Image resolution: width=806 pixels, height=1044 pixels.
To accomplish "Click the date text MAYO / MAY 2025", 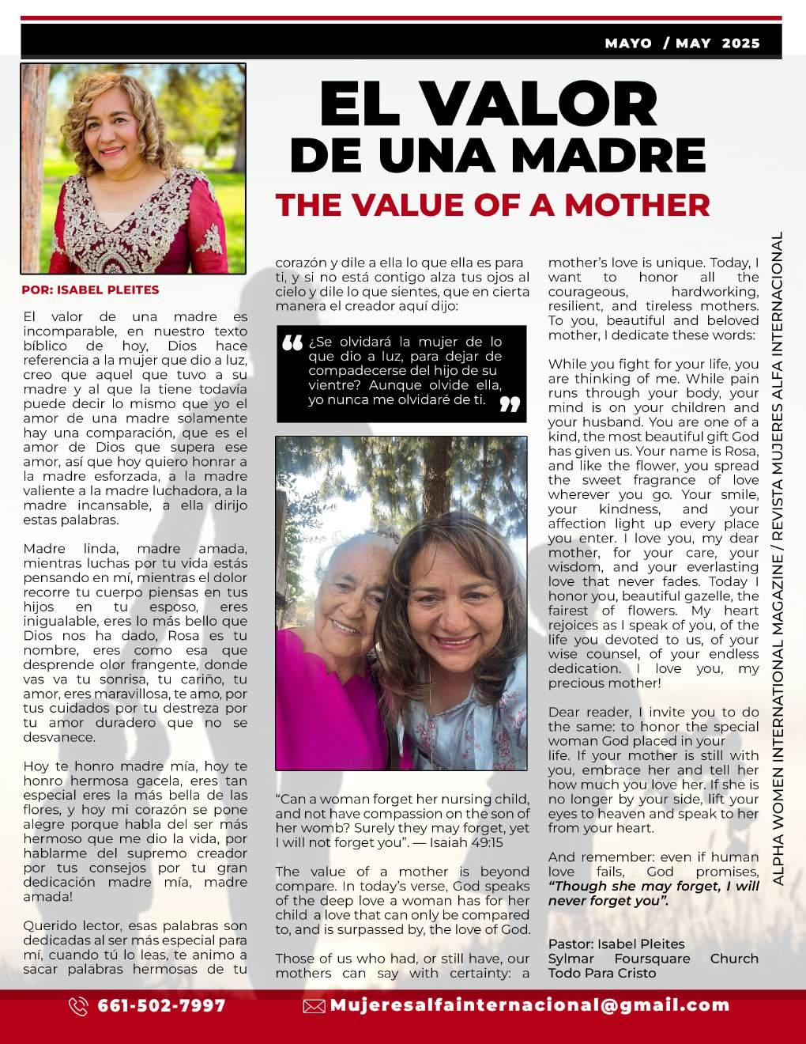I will coord(682,43).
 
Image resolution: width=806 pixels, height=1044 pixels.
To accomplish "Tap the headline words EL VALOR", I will coord(488,103).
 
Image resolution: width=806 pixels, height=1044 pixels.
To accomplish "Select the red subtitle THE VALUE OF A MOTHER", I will coord(492,205).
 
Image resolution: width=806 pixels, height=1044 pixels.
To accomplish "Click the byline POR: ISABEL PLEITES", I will coord(90,290).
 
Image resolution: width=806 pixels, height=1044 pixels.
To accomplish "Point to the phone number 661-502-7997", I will coord(161,1006).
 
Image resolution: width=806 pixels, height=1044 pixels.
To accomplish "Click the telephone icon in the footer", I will coord(78,1006).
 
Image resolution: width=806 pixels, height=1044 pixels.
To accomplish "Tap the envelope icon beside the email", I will coord(314,1006).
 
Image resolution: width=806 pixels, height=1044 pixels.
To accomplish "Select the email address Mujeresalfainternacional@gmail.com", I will coord(529,1005).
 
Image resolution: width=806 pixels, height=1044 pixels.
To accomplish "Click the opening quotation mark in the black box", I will coord(292,343).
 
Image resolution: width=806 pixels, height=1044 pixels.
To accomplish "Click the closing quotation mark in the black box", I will coord(510,404).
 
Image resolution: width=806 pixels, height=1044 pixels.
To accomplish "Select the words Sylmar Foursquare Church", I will coord(653,959).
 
